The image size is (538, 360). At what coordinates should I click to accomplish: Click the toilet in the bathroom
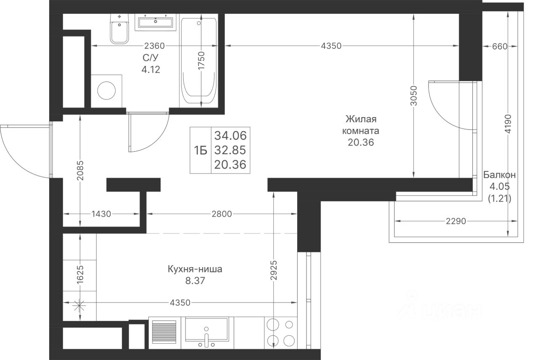[119, 29]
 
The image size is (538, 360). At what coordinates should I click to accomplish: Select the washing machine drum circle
[106, 91]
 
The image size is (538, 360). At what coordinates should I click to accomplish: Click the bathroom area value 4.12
[150, 70]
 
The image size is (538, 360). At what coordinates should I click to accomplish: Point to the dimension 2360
[154, 46]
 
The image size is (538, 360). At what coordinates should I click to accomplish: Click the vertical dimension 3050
[414, 96]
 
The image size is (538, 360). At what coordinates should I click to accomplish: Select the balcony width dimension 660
[500, 46]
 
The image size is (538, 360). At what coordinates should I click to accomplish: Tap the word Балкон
[500, 175]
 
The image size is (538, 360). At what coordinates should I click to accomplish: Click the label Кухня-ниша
[195, 269]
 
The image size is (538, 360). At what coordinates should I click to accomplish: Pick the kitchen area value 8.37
[195, 281]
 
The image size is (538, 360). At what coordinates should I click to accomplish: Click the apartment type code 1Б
[200, 150]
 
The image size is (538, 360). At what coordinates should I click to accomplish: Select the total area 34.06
[230, 136]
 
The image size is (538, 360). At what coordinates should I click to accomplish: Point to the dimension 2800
[222, 214]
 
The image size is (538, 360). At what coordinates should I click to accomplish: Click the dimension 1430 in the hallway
[101, 214]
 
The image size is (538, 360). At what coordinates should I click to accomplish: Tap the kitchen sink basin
[206, 329]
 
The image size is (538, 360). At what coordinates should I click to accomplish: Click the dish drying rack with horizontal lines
[164, 332]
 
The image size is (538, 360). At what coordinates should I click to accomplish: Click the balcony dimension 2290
[456, 221]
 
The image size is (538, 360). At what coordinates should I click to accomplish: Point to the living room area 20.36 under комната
[361, 142]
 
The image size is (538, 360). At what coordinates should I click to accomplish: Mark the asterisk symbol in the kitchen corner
[79, 306]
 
